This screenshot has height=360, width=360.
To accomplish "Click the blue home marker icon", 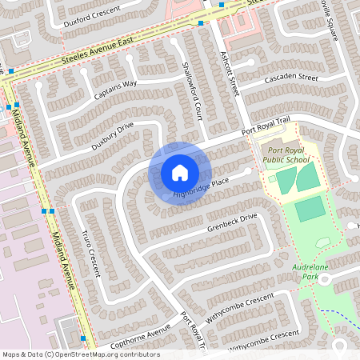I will pos(180,173).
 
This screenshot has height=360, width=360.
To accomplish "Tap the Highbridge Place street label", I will pos(202,190).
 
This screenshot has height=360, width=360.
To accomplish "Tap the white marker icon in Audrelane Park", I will pos(325,278).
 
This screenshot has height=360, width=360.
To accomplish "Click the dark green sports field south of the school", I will pos(310,210).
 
